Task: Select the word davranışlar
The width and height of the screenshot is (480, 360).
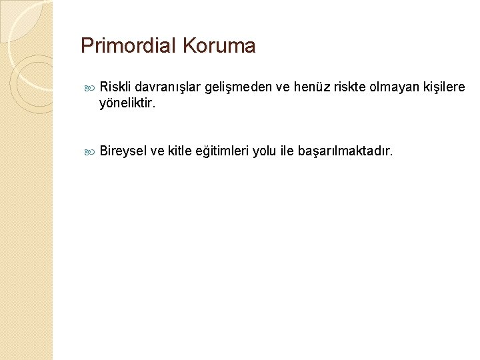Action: click(169, 87)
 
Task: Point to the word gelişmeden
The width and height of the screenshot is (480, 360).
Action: click(236, 87)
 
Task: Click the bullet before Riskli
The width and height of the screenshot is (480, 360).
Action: click(91, 88)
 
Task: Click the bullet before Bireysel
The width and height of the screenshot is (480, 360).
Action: click(91, 153)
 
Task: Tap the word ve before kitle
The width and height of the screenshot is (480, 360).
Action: click(157, 152)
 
